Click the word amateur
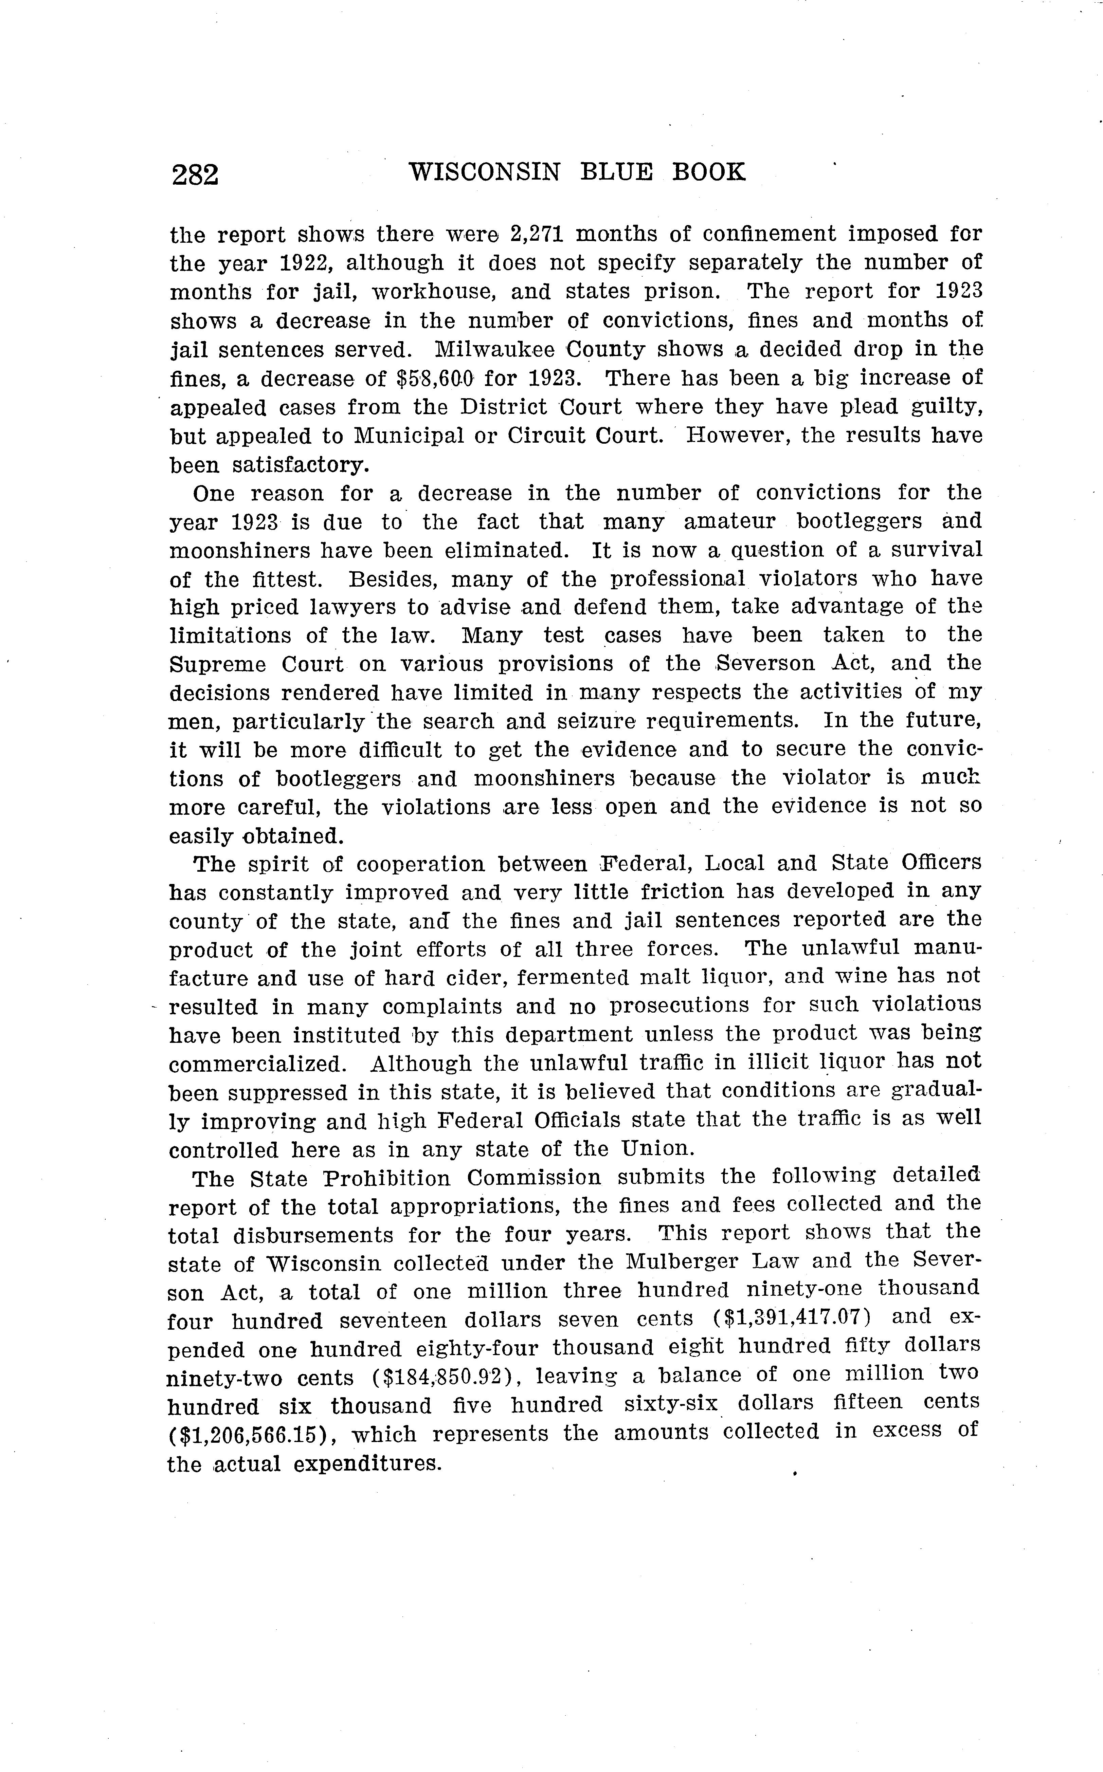(719, 521)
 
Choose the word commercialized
(257, 1064)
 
